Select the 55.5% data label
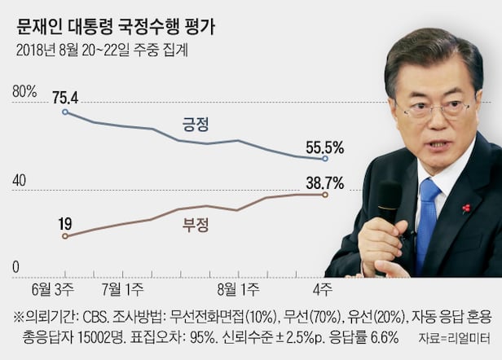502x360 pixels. pyautogui.click(x=324, y=148)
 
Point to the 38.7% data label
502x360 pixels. pyautogui.click(x=324, y=182)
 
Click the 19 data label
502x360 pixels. pyautogui.click(x=64, y=222)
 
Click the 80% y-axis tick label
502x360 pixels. pyautogui.click(x=24, y=91)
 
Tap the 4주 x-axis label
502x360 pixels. pyautogui.click(x=324, y=288)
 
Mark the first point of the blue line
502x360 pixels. pyautogui.click(x=65, y=112)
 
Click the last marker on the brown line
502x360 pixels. pyautogui.click(x=326, y=195)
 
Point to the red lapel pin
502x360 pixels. pyautogui.click(x=466, y=209)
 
